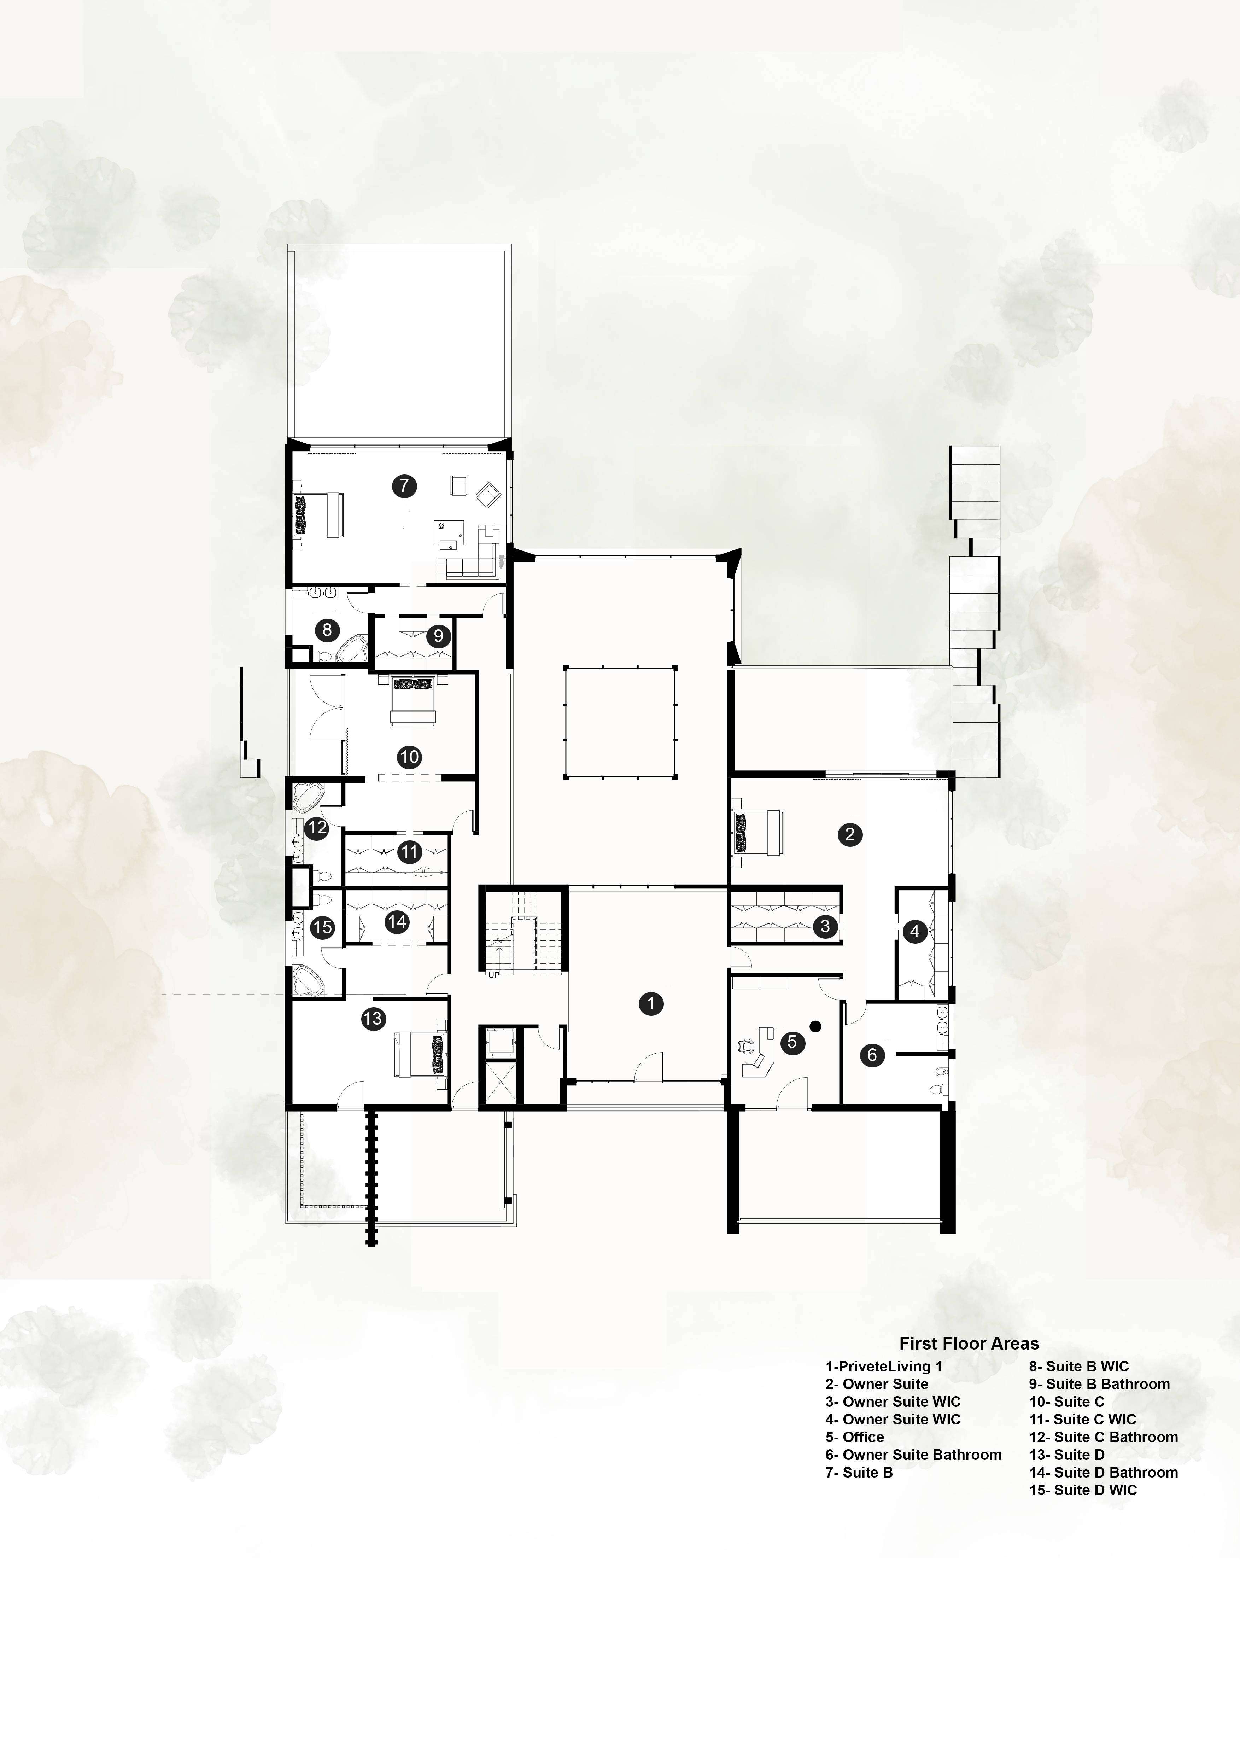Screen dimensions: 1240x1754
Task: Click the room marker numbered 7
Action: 404,485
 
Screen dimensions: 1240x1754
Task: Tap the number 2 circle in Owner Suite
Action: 850,834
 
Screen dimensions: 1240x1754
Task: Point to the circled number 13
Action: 373,1018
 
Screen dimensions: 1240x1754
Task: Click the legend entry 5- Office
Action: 854,1437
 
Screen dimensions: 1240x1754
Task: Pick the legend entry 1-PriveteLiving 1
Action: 883,1366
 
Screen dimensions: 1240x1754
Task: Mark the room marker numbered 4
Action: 915,931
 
